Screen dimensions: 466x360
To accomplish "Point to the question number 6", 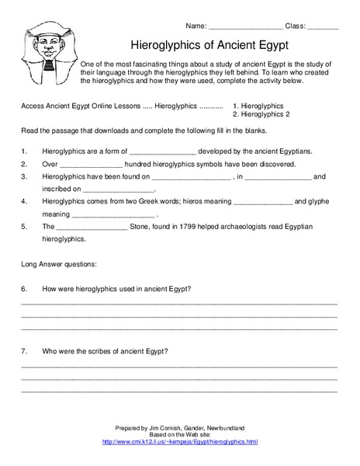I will tap(26, 289).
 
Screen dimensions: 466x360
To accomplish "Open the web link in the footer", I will tap(180, 441).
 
